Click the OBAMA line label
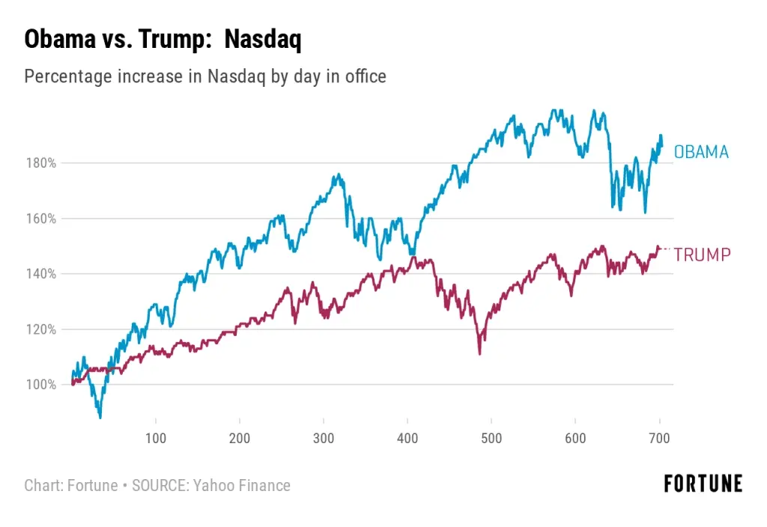[701, 152]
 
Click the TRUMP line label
[702, 255]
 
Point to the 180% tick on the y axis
[42, 163]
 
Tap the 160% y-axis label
[42, 219]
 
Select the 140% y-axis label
[42, 274]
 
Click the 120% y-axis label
[42, 329]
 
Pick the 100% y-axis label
[42, 385]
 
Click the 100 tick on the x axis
[156, 438]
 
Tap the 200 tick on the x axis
[240, 438]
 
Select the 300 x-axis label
[324, 438]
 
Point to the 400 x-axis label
[407, 438]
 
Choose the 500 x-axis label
[491, 438]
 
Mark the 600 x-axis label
[575, 438]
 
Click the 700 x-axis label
[659, 438]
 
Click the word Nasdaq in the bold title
[262, 40]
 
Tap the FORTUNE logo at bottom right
[703, 484]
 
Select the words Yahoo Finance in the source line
[242, 485]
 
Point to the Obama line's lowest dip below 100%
[100, 416]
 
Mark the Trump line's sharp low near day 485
[479, 352]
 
